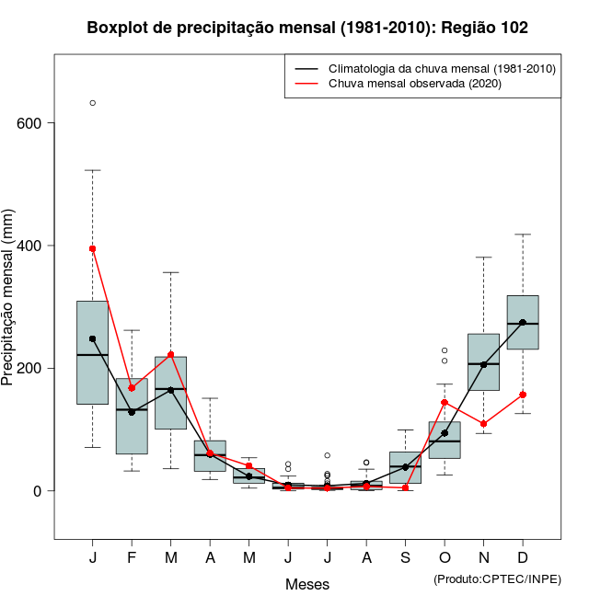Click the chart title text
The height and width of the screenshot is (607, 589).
pos(307,29)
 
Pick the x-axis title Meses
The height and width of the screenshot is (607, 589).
pos(307,584)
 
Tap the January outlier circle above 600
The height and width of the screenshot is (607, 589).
pos(93,103)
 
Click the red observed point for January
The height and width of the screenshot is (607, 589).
pos(93,248)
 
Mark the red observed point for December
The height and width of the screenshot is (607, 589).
pos(523,395)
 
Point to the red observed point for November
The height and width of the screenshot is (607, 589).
pos(483,424)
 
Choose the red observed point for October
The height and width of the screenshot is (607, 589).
pos(445,402)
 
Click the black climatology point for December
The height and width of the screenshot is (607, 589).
pos(523,323)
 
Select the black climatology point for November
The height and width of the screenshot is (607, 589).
pos(483,364)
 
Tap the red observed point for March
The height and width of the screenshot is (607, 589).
pos(171,355)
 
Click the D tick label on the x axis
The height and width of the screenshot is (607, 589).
pos(523,558)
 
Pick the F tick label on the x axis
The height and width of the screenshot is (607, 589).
pos(132,558)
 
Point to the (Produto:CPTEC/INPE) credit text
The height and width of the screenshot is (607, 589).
pos(497,578)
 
